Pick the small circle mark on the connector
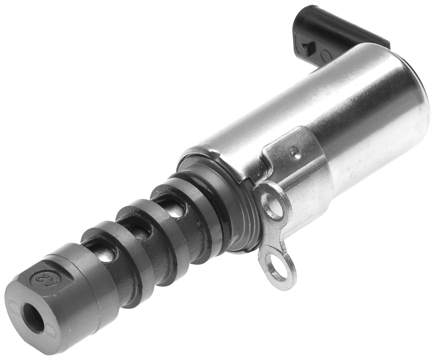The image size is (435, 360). (x=326, y=55)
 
